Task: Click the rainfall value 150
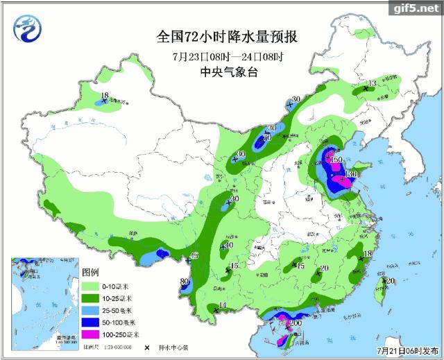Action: click(x=337, y=160)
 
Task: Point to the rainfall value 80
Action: click(x=184, y=282)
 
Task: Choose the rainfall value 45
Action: click(x=194, y=256)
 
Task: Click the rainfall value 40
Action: click(x=228, y=244)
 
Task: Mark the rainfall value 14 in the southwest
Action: click(x=223, y=306)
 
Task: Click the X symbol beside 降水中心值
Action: click(x=148, y=347)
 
